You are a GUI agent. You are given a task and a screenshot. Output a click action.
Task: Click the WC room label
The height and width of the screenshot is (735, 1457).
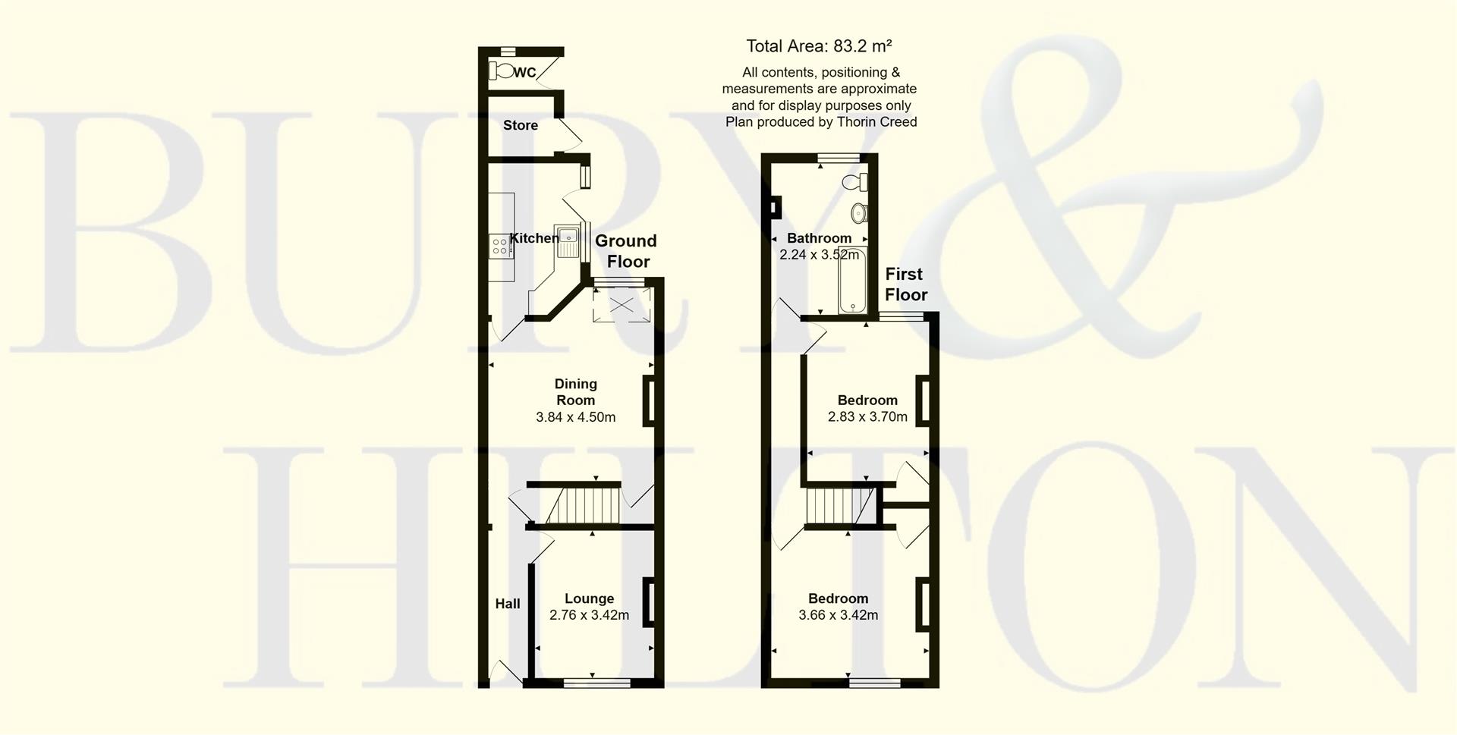point(525,73)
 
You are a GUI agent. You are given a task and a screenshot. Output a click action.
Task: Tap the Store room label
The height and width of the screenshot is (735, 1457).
point(521,125)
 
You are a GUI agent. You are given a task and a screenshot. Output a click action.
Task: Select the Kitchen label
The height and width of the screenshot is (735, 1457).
point(534,238)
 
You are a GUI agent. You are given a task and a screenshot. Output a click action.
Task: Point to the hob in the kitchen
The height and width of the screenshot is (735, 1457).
point(500,245)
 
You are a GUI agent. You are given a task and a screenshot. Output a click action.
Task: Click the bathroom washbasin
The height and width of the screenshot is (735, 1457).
point(858,212)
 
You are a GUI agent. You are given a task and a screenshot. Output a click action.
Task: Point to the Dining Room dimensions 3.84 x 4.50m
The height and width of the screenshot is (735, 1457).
point(575,417)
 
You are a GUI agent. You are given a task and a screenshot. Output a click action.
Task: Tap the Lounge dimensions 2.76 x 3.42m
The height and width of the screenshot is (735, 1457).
point(589,615)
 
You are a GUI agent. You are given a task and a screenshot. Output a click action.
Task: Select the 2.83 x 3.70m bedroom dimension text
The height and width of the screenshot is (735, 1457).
point(867,416)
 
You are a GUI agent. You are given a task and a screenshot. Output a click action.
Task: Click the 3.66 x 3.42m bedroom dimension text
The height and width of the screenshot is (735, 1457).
point(838,615)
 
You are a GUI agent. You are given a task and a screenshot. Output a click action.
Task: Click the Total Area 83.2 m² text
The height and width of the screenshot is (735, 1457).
point(819,46)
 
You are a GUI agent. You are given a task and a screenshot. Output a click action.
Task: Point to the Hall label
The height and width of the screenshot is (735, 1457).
point(508,604)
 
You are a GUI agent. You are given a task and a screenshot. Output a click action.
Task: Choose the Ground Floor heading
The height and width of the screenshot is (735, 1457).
point(626,251)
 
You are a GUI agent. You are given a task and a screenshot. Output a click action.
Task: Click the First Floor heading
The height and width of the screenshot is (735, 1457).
point(905,284)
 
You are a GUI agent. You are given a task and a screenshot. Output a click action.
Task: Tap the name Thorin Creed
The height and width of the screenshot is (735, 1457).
point(877,122)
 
